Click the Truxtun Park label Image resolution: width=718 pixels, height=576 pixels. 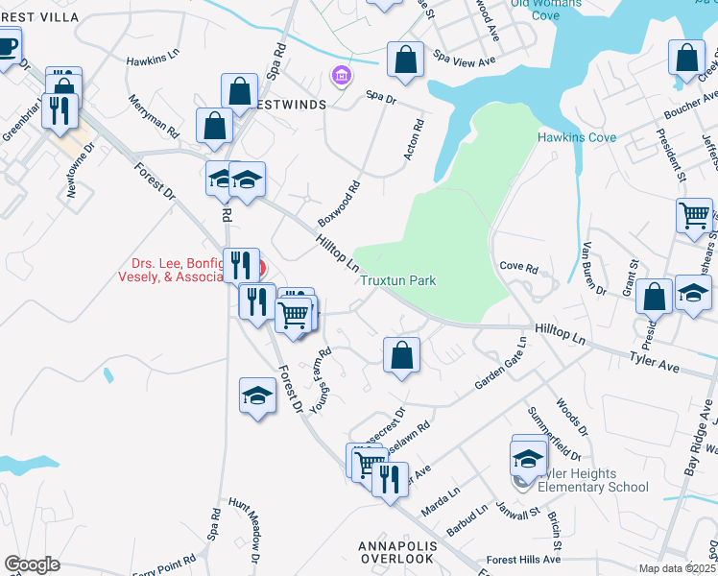[398, 280]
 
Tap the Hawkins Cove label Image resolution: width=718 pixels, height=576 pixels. [576, 137]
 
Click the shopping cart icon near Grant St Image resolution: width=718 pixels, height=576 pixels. [694, 215]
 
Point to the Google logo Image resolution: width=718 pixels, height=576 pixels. [32, 564]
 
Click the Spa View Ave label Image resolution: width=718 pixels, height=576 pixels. [464, 60]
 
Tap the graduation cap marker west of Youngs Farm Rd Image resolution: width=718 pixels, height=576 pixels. [257, 395]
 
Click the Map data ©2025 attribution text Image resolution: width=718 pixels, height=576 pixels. [676, 568]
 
